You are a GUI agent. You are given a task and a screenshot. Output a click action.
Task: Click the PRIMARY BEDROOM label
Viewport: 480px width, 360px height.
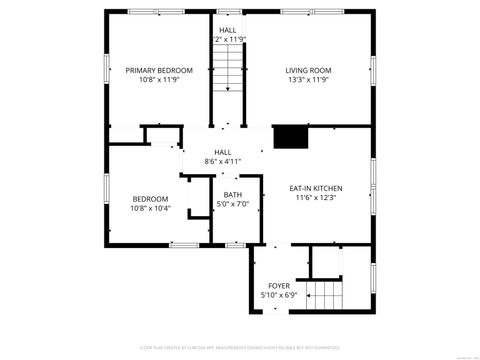pyautogui.click(x=158, y=70)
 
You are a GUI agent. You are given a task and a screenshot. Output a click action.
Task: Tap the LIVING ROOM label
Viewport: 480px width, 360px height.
pyautogui.click(x=308, y=70)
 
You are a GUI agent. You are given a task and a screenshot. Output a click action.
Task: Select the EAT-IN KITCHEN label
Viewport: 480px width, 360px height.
pyautogui.click(x=316, y=188)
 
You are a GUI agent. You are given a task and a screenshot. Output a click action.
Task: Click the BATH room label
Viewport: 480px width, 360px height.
pyautogui.click(x=232, y=195)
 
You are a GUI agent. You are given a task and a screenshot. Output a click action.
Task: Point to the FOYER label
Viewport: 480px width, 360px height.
pyautogui.click(x=278, y=286)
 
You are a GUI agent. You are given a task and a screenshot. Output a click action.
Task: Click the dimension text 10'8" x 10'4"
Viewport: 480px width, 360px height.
pyautogui.click(x=150, y=209)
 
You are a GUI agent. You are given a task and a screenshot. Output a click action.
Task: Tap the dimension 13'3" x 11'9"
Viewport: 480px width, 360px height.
pyautogui.click(x=308, y=81)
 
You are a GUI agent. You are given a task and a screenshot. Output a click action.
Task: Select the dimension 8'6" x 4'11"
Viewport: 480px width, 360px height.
pyautogui.click(x=223, y=161)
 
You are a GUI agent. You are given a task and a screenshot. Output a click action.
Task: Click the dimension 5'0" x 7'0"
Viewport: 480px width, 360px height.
pyautogui.click(x=232, y=206)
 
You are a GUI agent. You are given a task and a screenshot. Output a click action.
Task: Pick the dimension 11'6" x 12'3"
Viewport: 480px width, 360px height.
pyautogui.click(x=316, y=199)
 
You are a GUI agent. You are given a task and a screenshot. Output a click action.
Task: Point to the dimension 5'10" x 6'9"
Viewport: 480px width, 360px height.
pyautogui.click(x=278, y=296)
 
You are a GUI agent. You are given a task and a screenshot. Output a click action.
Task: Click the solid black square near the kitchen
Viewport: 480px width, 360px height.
pyautogui.click(x=289, y=137)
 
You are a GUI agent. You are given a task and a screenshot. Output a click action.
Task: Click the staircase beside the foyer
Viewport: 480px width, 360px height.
pyautogui.click(x=325, y=294)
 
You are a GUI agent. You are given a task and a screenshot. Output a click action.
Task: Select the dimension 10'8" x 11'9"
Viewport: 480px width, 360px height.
pyautogui.click(x=158, y=81)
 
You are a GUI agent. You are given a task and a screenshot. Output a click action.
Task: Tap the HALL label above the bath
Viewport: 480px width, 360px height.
pyautogui.click(x=223, y=151)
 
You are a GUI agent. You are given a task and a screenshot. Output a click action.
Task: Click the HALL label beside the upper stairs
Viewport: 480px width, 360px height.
pyautogui.click(x=228, y=30)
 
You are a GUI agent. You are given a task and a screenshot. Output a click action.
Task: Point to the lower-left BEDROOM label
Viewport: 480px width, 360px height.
pyautogui.click(x=150, y=198)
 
